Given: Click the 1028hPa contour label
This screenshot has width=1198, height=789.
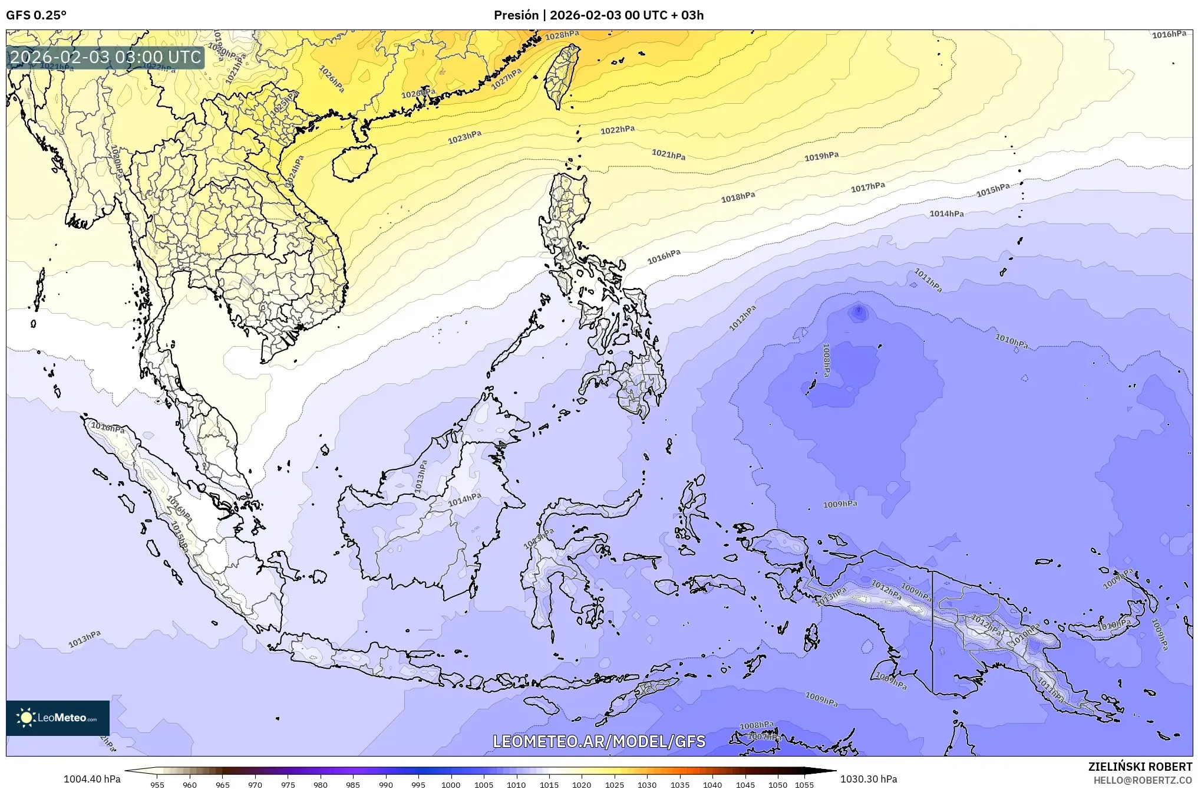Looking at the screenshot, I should pos(562,35).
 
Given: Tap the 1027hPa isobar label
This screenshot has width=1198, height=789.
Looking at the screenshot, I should pos(507,78).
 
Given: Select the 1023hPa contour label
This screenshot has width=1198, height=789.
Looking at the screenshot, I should pos(464,137).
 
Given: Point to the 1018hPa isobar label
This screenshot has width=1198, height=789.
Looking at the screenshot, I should pos(738,197).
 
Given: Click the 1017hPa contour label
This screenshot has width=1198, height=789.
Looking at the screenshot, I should pos(867,188).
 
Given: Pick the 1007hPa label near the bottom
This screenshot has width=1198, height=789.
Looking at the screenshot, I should pos(764,737).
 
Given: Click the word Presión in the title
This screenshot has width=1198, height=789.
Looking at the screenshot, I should pos(516,15).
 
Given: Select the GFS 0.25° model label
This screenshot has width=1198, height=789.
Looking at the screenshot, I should pos(36,15).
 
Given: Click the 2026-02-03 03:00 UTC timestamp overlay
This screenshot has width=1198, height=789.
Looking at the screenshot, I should pos(106,57).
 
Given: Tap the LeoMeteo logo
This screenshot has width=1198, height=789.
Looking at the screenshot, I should pos(58,718).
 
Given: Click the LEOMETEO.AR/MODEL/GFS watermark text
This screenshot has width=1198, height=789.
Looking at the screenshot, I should pos(599,741).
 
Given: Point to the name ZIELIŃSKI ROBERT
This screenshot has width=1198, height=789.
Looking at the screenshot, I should pos(1140,767).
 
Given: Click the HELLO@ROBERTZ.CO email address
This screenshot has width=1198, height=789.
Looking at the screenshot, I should pos(1143,780).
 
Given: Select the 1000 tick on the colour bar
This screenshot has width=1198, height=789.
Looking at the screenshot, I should pos(451,784).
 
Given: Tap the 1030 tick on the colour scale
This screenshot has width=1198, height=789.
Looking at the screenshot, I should pos(646,784).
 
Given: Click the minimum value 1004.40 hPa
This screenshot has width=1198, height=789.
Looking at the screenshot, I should pos(92,779).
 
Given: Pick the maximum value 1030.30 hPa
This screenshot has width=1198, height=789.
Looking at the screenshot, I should pos(869,779).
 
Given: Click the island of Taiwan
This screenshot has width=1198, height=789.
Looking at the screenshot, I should pos(560,77).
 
